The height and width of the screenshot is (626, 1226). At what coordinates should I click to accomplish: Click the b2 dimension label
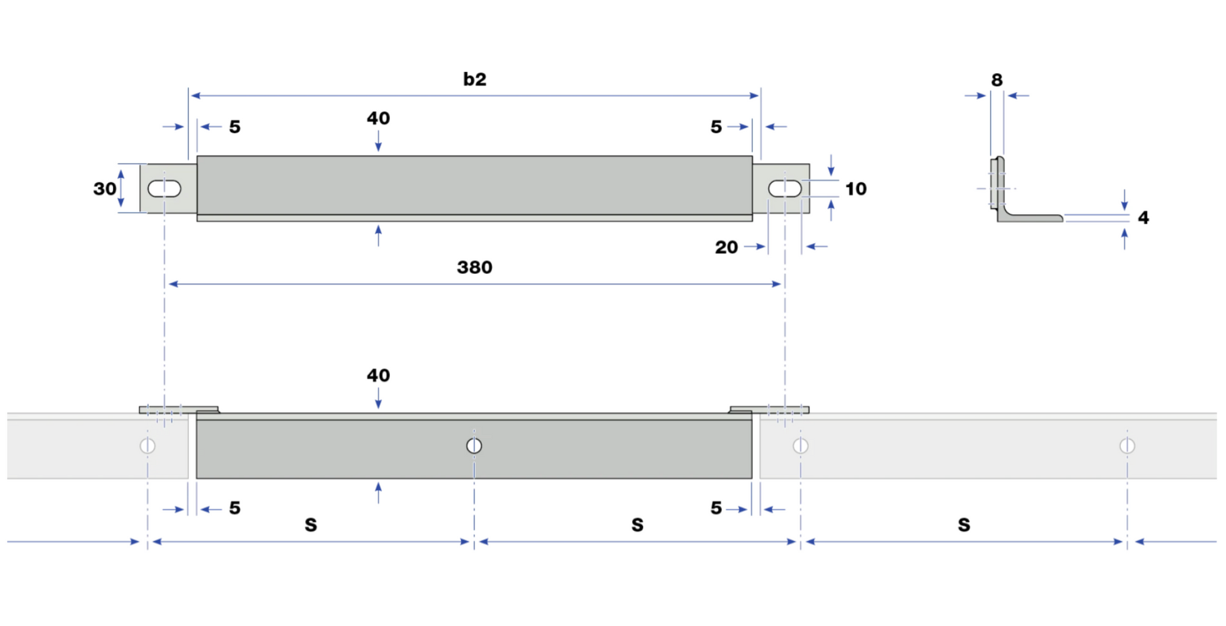coord(474,79)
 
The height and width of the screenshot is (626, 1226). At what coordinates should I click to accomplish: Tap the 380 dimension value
coord(474,267)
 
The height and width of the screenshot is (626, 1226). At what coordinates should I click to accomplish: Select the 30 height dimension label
coord(105,188)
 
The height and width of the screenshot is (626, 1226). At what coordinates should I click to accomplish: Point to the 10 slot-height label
coord(856,188)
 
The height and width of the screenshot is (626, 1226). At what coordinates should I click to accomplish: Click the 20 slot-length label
coord(726,247)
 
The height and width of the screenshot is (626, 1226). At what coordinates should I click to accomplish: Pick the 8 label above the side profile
coord(997,80)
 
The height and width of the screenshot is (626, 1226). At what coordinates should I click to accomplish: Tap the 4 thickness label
coord(1143,218)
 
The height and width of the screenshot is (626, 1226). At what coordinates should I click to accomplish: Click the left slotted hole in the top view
coord(164,188)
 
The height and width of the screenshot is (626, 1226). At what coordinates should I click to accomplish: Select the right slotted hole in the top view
coord(785,188)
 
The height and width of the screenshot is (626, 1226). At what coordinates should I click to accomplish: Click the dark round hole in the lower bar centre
coord(474,446)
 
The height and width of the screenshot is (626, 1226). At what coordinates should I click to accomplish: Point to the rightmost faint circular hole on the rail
coord(1127,446)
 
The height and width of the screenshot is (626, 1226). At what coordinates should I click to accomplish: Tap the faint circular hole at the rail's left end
coord(147,446)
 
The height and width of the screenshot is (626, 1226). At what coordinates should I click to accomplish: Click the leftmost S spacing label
coord(311,525)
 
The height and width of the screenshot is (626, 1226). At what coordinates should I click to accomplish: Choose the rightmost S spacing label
coord(964,525)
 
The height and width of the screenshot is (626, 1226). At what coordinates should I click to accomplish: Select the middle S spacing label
coord(638,525)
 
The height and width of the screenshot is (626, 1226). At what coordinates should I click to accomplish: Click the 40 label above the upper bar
coord(378,118)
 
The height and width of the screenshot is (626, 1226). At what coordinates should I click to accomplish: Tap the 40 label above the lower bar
coord(378,375)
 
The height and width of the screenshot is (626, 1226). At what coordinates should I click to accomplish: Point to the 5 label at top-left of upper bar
coord(235,127)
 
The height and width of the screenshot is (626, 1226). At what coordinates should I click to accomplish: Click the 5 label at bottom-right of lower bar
coord(716,508)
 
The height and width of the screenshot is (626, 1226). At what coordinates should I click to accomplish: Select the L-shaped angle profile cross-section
coord(1025,189)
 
